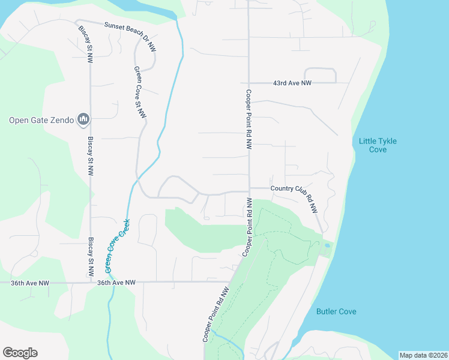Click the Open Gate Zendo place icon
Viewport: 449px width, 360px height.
coord(83,120)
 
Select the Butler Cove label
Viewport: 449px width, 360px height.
coord(336,311)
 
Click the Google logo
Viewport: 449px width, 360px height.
coord(20,353)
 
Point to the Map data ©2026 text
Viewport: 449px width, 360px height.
coord(423,355)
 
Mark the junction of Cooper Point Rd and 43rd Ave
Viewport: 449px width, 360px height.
coord(249,83)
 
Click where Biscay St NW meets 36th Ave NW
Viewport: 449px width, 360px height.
coord(91,282)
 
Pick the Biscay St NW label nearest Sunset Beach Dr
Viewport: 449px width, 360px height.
coord(85,43)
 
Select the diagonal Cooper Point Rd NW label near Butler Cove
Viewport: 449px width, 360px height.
coord(216,313)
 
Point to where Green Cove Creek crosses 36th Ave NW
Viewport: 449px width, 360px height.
coord(111,282)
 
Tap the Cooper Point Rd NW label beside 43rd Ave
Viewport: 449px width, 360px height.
coord(248,120)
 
